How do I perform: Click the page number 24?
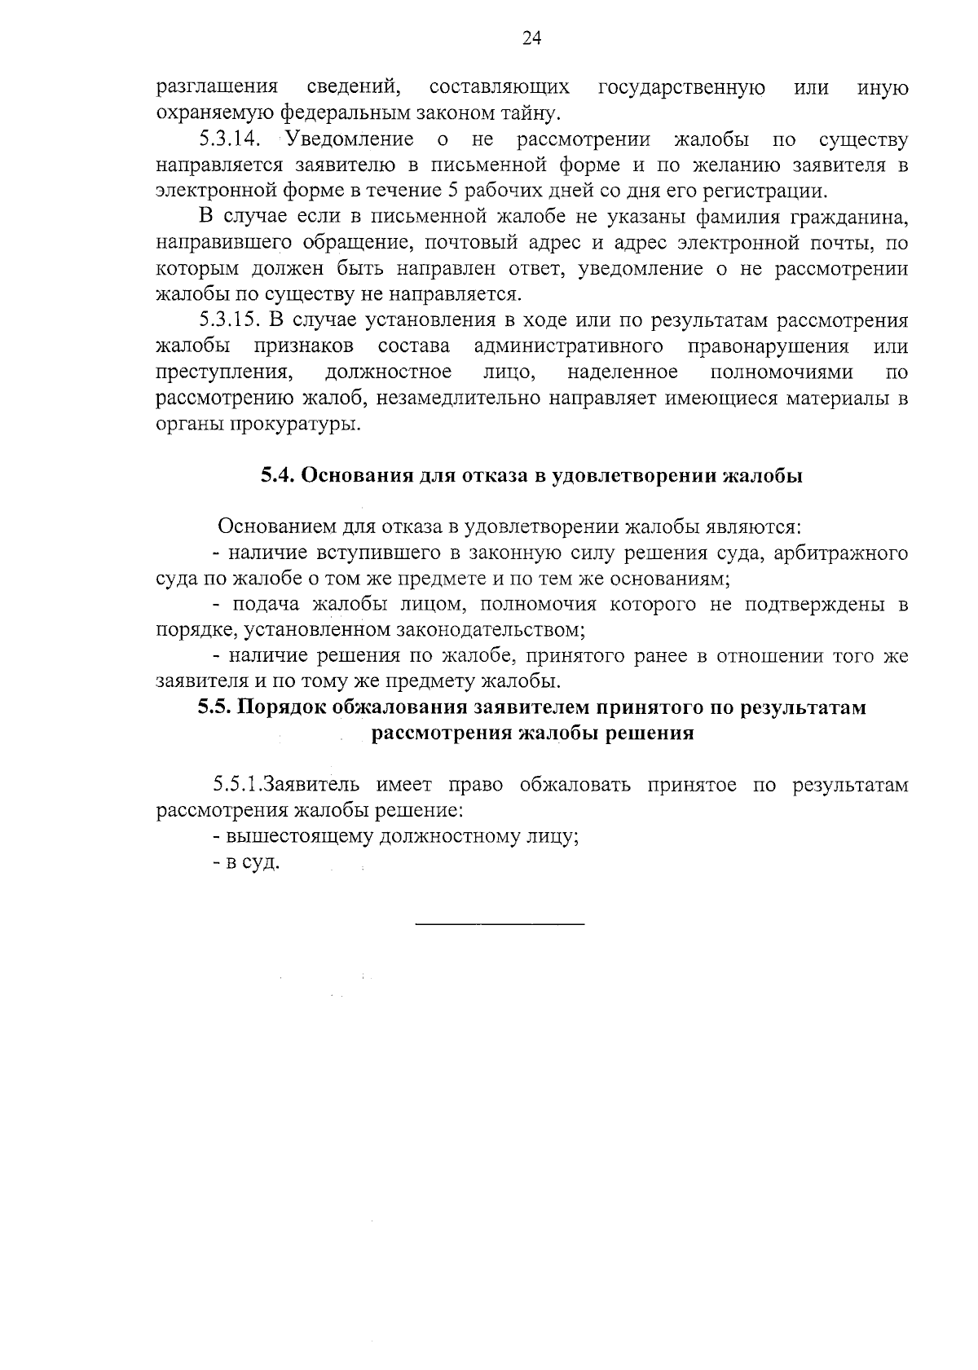pos(531,38)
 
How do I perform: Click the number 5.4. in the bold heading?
pos(277,476)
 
